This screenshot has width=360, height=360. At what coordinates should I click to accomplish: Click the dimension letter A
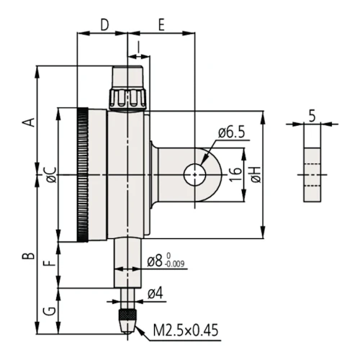pos(29,121)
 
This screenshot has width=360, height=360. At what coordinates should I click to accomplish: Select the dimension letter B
pos(29,256)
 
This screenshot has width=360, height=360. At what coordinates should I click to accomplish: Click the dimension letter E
pos(161,25)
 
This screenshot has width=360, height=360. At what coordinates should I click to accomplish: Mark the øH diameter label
pos(255,174)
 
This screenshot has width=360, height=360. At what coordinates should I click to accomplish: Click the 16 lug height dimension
pos(233,174)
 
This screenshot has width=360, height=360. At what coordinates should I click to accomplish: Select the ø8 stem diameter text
pos(155,261)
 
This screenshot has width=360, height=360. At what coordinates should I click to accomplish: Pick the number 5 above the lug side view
pos(311,114)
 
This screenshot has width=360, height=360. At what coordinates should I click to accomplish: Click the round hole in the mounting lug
pos(196,174)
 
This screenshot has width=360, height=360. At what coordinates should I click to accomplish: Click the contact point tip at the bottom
pos(128,320)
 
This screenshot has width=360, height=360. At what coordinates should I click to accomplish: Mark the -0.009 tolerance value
pos(175,265)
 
